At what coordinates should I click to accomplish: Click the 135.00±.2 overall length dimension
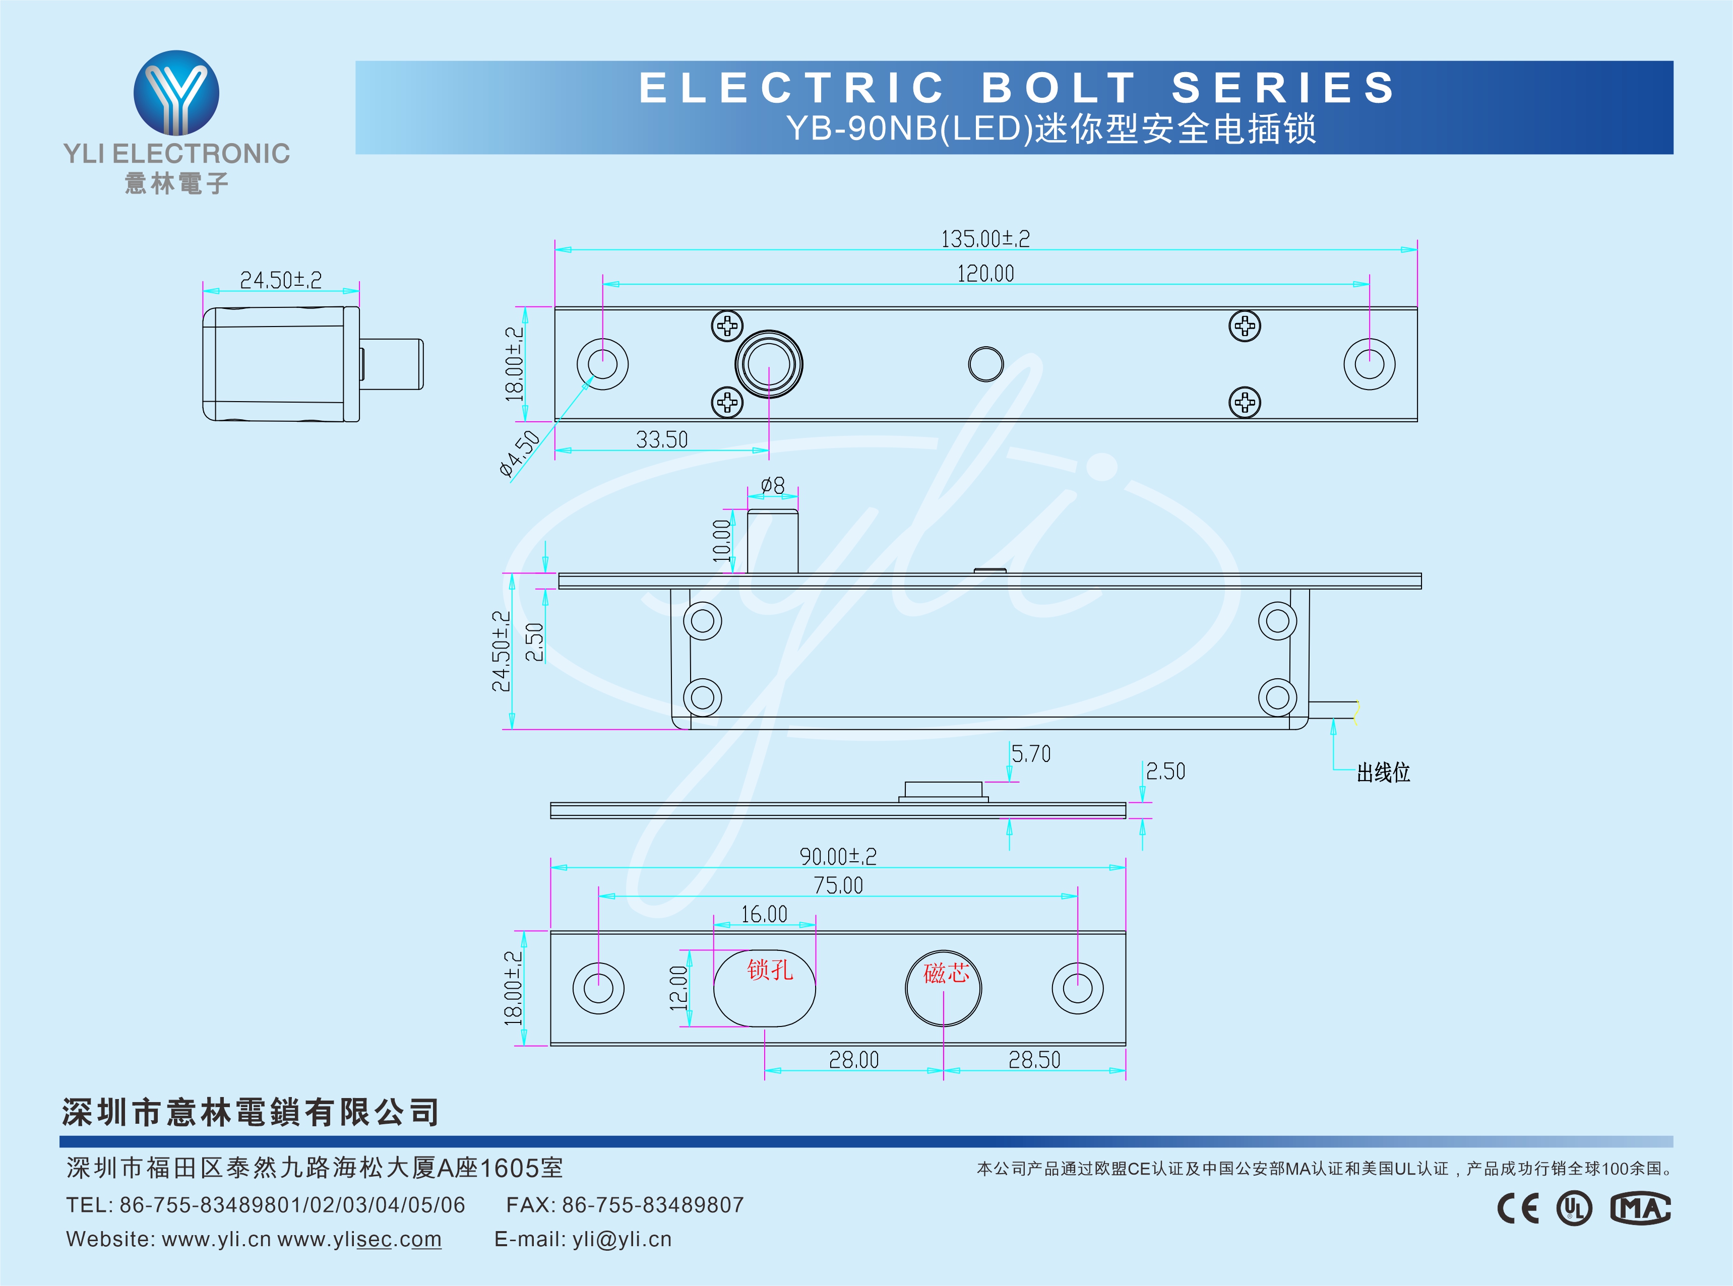(x=985, y=238)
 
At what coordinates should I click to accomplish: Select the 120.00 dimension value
(x=985, y=273)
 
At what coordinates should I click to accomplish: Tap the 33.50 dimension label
(x=662, y=440)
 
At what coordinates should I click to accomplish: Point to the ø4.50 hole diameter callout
(x=519, y=453)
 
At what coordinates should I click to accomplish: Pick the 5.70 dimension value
(x=1031, y=753)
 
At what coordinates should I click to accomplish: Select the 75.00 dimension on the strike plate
(x=838, y=885)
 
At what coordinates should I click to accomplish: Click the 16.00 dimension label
(x=764, y=914)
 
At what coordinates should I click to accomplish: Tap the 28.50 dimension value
(x=1034, y=1059)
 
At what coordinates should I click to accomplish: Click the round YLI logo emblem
(x=177, y=93)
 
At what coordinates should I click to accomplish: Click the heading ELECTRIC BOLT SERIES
(x=1017, y=87)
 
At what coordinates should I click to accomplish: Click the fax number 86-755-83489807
(x=652, y=1204)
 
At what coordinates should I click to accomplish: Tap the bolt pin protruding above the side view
(x=772, y=541)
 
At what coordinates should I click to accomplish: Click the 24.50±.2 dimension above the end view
(x=280, y=280)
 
